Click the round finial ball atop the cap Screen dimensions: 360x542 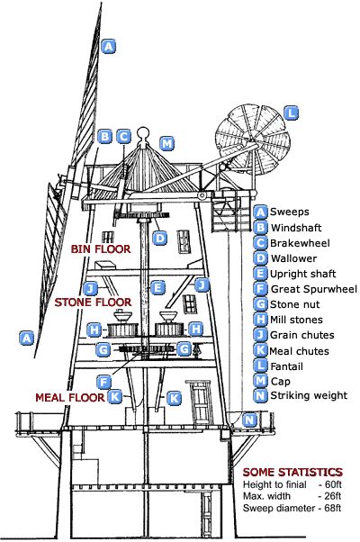(143, 133)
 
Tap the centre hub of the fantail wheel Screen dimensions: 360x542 (253, 142)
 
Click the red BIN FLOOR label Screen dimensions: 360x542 (101, 248)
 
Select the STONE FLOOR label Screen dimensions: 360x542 (93, 303)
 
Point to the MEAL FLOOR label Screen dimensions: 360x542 (70, 397)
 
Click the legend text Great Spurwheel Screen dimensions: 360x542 (314, 289)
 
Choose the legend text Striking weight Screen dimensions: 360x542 (309, 395)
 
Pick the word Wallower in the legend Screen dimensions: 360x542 (293, 258)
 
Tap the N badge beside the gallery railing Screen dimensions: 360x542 (249, 420)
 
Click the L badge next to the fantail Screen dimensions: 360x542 (291, 113)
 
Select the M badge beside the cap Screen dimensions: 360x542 (167, 143)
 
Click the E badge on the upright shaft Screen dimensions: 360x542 (157, 287)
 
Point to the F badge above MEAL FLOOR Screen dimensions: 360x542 (103, 382)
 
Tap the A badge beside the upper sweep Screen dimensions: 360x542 (109, 46)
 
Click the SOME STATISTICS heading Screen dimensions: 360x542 (292, 472)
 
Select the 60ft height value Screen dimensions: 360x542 (333, 484)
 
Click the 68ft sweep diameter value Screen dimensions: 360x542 (333, 508)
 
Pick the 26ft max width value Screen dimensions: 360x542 (333, 496)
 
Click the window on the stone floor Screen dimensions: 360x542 (189, 304)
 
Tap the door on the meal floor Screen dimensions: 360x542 (198, 402)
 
